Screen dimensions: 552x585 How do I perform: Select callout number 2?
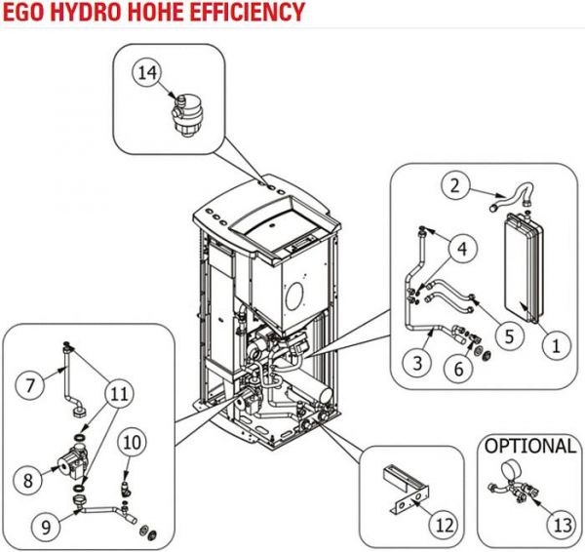click(x=453, y=182)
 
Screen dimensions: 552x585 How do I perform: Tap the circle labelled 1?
click(x=556, y=344)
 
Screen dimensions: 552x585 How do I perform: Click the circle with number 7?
click(x=31, y=384)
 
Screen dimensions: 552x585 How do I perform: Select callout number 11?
click(x=119, y=395)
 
